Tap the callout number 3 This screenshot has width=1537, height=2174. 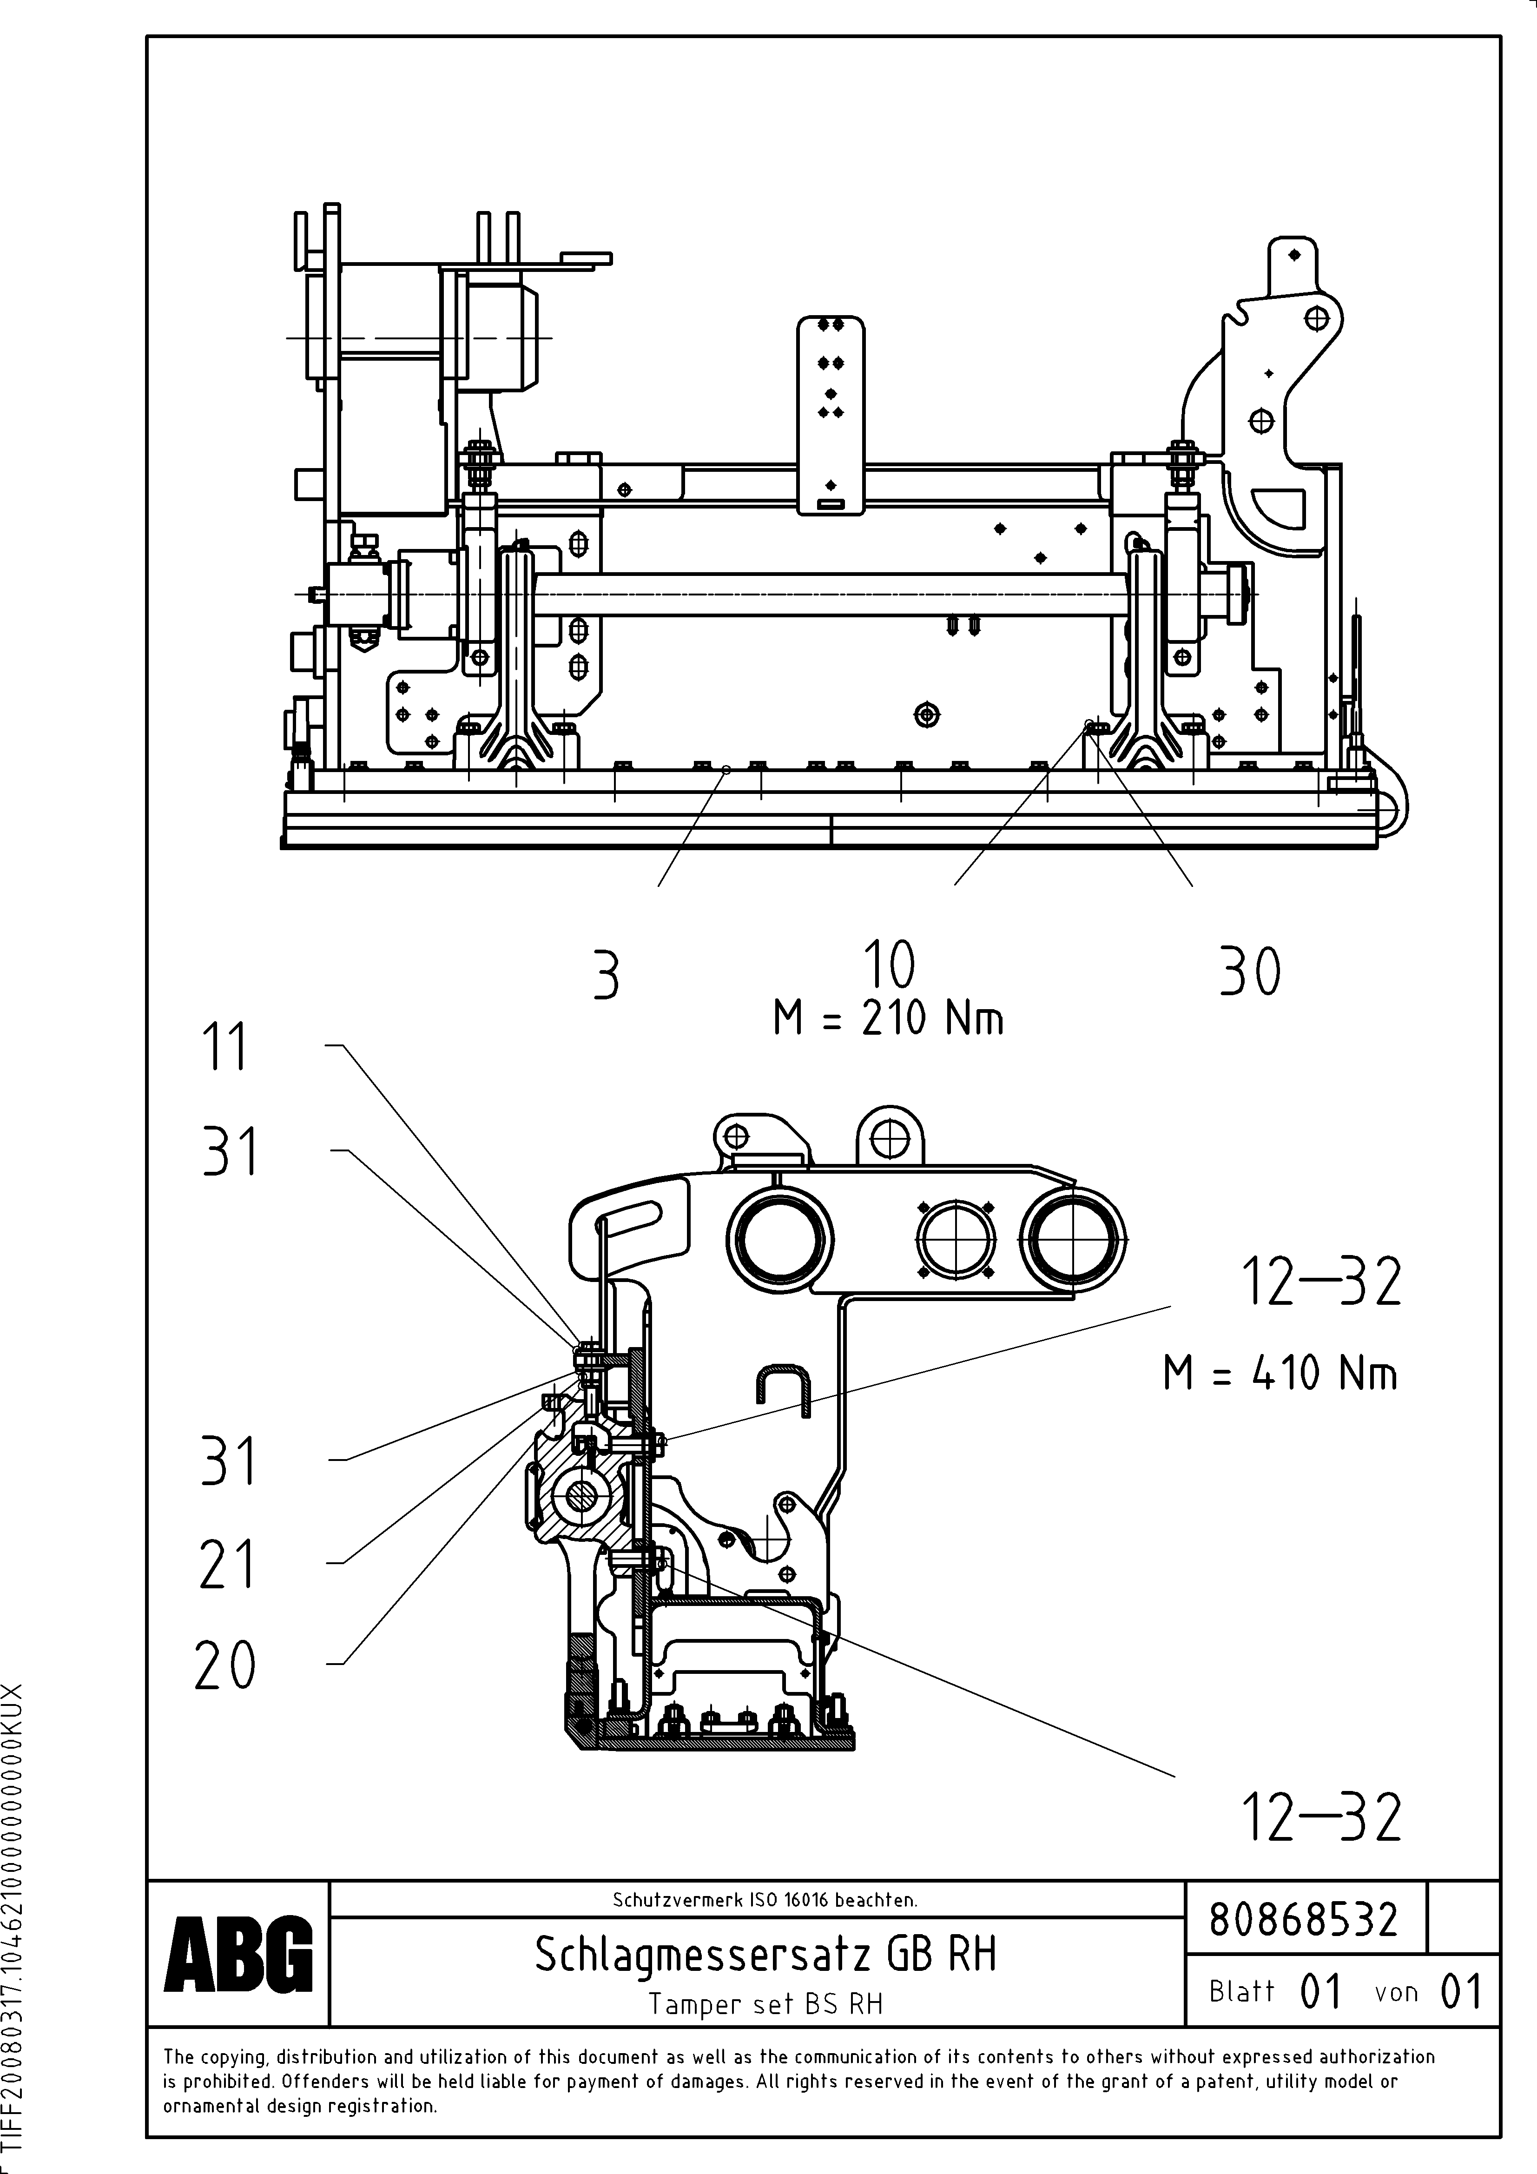606,975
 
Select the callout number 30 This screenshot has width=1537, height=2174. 1250,972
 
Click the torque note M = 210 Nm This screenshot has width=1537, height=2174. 888,1019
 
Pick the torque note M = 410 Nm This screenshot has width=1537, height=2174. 1280,1373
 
